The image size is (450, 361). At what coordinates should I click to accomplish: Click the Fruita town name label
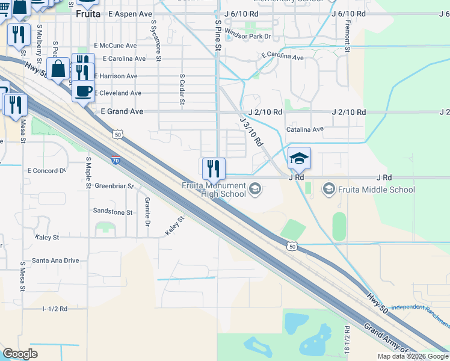click(88, 13)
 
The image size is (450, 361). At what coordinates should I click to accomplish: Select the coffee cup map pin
click(83, 91)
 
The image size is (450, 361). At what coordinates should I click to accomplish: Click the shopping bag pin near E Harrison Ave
click(58, 70)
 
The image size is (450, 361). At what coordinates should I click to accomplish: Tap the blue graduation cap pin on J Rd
click(299, 159)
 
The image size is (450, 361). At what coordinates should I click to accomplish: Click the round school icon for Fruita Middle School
click(329, 190)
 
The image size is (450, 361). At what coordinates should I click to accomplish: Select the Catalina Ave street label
click(305, 129)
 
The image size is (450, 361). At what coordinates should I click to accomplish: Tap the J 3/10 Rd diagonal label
click(252, 131)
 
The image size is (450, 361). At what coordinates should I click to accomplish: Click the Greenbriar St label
click(114, 186)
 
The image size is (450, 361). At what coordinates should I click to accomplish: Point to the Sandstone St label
click(112, 212)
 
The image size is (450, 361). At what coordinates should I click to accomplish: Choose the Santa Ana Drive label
click(55, 261)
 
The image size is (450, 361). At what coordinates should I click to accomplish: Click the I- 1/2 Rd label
click(55, 309)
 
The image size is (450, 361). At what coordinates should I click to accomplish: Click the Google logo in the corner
click(20, 353)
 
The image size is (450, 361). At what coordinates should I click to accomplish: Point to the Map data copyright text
click(413, 356)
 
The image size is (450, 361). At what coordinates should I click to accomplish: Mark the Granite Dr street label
click(146, 212)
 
